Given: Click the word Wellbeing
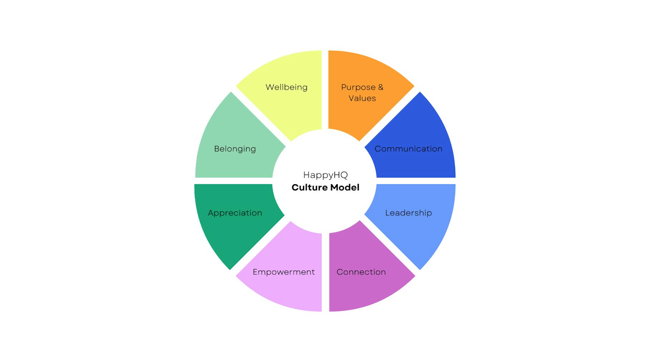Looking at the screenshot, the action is tap(286, 87).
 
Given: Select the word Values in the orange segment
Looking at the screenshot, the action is tap(362, 98).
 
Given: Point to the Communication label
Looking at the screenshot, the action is tap(408, 149).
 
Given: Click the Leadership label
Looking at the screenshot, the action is tap(408, 213).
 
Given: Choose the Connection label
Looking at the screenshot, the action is tap(361, 272).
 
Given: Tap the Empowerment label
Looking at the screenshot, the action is tap(284, 272).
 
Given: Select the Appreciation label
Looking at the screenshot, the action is tap(235, 213).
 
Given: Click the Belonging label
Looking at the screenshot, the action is tap(235, 149).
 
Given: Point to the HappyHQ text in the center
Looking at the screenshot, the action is tap(326, 175).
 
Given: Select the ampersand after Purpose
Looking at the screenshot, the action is tap(380, 87).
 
